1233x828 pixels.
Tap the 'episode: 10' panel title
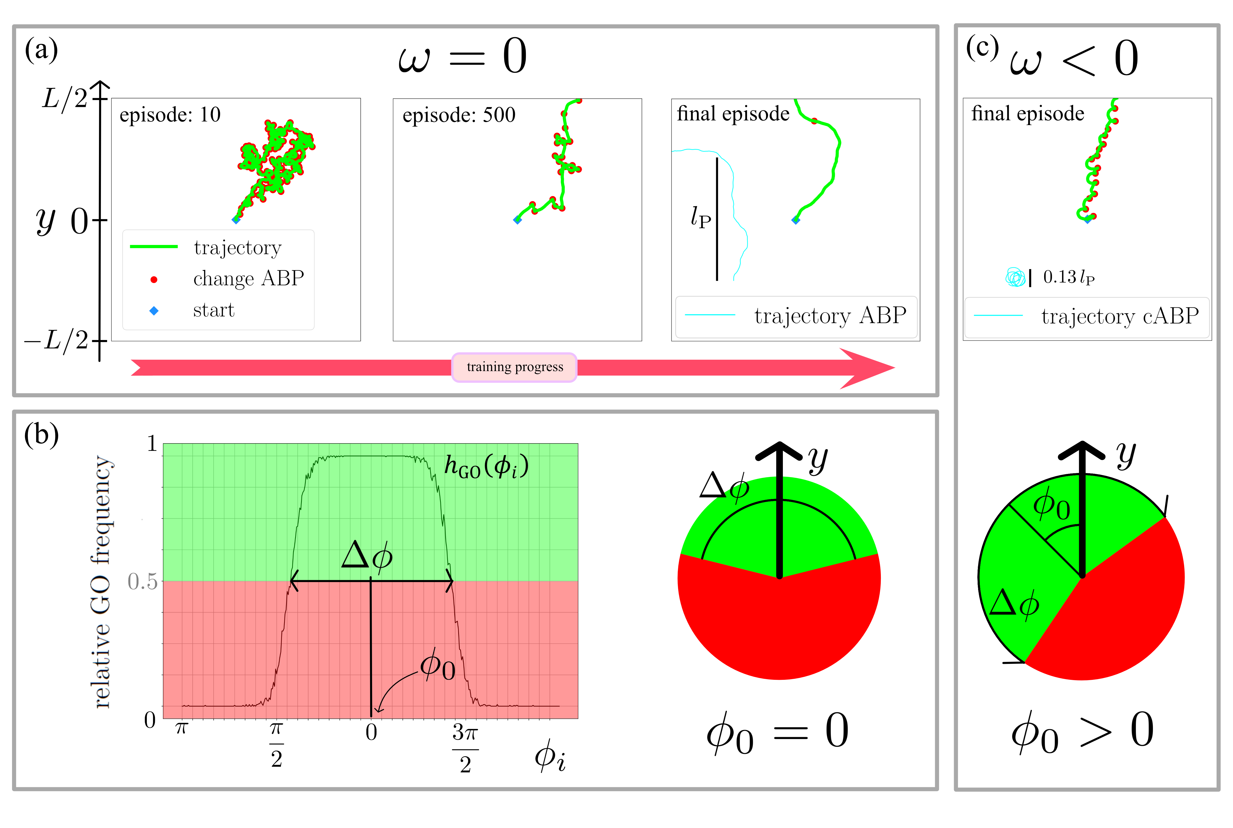click(170, 114)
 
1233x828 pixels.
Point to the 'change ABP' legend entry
click(248, 278)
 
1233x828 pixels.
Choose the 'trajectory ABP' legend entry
click(830, 316)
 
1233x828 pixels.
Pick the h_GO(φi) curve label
click(486, 466)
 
